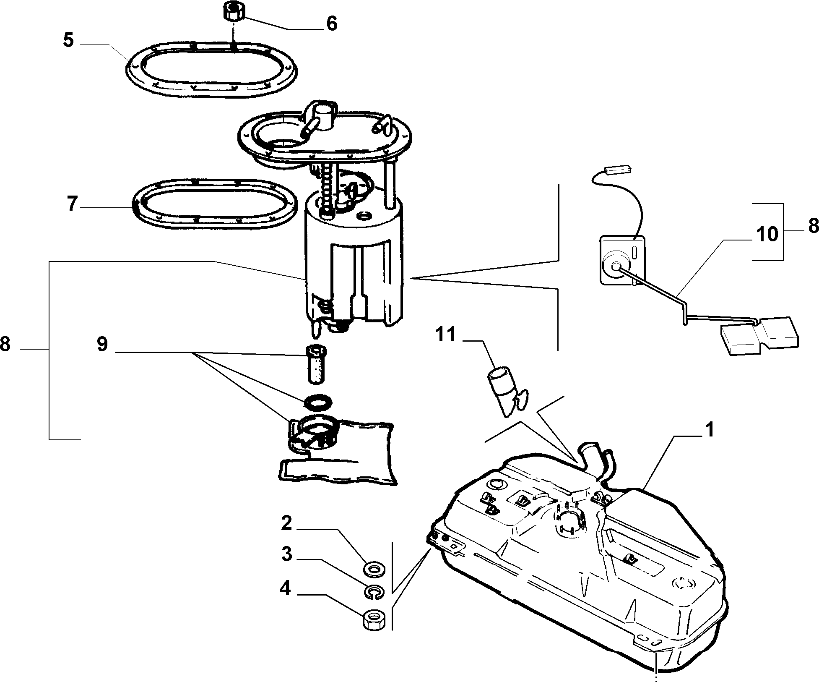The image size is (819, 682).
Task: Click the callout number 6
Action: coord(331,24)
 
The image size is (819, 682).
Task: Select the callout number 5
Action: coord(68,41)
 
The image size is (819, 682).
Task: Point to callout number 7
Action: coord(72,204)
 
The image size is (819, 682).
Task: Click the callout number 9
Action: coord(102,344)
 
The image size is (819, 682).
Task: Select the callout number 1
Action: coord(708,430)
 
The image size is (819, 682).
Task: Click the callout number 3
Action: coord(286,554)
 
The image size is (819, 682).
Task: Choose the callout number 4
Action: coord(285,588)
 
